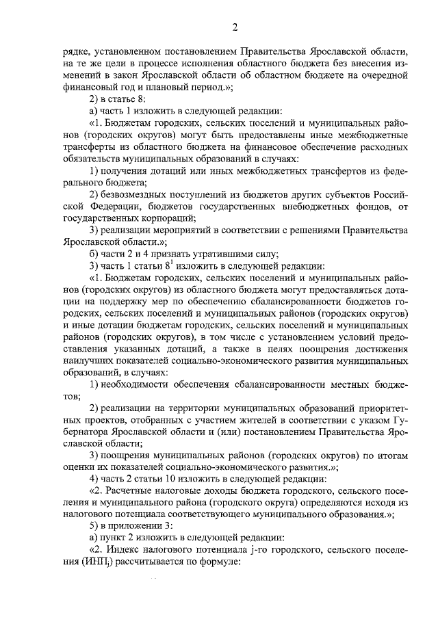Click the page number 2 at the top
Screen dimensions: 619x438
pyautogui.click(x=234, y=28)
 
